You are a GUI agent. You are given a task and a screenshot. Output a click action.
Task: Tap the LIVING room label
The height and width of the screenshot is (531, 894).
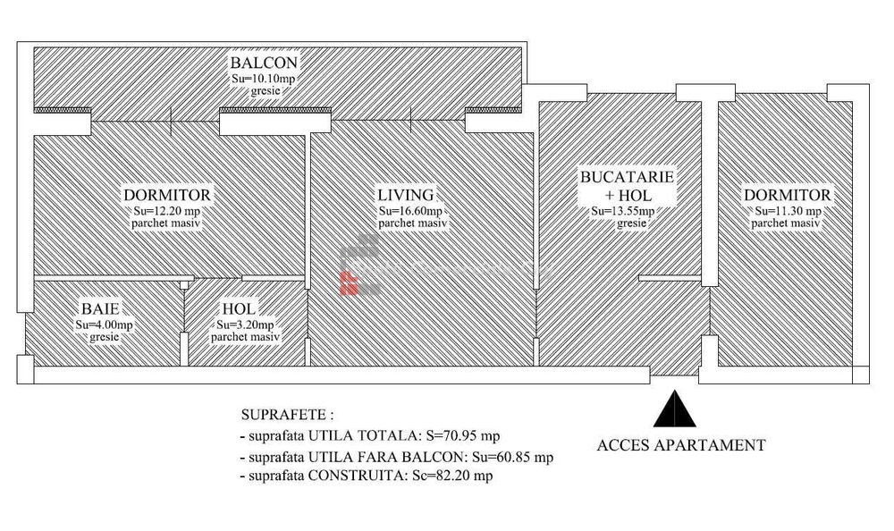[405, 195]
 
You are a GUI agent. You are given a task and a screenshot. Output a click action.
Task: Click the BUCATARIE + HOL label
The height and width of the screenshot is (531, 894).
[627, 186]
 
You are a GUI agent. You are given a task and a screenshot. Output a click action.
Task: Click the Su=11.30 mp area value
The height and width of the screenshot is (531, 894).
[787, 211]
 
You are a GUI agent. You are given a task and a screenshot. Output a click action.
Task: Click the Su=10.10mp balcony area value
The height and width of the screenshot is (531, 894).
[264, 79]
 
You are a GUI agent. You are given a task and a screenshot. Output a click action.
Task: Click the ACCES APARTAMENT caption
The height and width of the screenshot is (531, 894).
[680, 444]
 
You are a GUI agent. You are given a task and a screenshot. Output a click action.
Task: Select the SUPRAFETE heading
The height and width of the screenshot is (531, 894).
[288, 416]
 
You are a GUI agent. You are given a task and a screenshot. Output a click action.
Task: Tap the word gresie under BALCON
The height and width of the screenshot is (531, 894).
[264, 91]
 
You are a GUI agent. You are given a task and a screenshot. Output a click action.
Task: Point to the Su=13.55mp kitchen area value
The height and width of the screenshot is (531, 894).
[623, 211]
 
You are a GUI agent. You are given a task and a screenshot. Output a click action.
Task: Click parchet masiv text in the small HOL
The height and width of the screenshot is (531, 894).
[245, 337]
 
